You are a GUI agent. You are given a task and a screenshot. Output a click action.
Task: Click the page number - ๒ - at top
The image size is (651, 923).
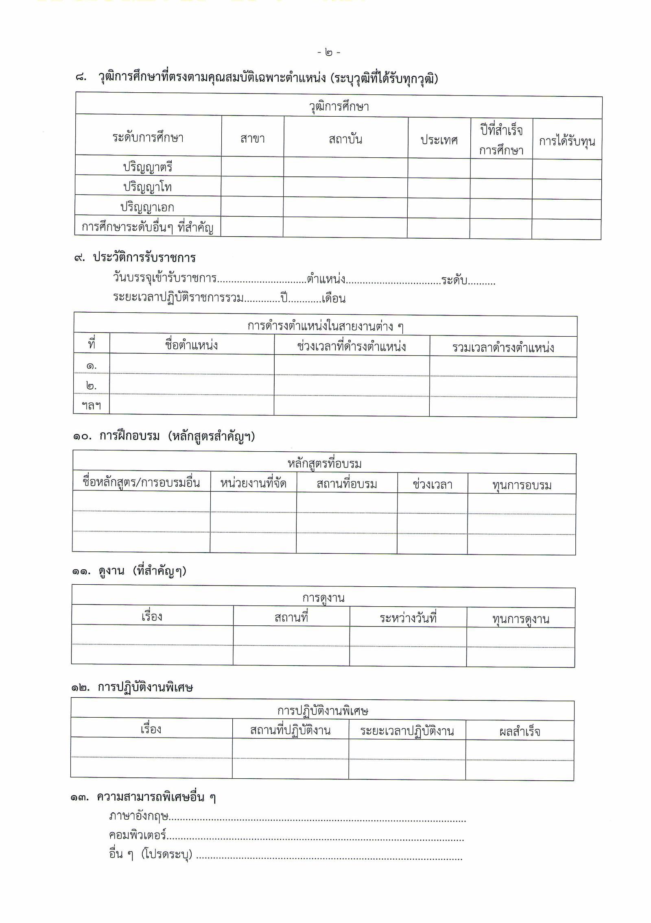click(x=329, y=52)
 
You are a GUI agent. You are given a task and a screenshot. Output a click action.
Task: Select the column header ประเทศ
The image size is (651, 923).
click(x=439, y=140)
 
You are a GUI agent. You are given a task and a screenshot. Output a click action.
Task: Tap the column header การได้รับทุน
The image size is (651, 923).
click(x=567, y=141)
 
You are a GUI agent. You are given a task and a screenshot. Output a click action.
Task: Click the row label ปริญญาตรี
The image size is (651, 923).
click(x=148, y=167)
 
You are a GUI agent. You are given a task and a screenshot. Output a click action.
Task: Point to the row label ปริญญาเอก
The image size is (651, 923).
click(x=147, y=207)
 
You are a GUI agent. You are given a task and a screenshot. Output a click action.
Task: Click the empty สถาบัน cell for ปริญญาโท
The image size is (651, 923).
click(x=345, y=188)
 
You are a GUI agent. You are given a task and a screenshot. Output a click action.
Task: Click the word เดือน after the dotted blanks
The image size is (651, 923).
click(x=333, y=299)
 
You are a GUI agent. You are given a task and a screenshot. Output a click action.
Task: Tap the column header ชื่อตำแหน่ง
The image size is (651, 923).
click(x=191, y=345)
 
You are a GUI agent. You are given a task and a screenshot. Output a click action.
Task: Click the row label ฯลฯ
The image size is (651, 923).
click(x=91, y=405)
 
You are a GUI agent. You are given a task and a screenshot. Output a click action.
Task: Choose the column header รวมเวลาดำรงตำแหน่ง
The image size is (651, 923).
click(x=503, y=348)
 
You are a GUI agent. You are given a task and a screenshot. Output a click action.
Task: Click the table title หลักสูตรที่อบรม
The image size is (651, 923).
click(x=324, y=464)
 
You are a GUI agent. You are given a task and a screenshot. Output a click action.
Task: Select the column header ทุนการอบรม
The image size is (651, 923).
click(x=522, y=485)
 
